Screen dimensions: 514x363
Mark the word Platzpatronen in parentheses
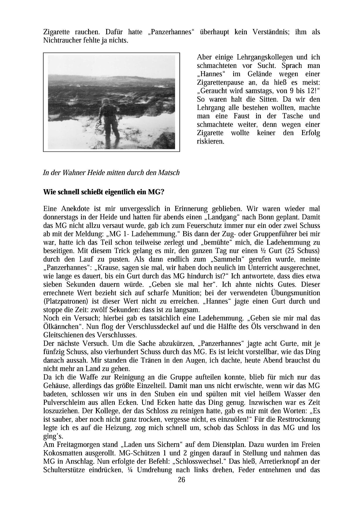click(66, 301)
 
